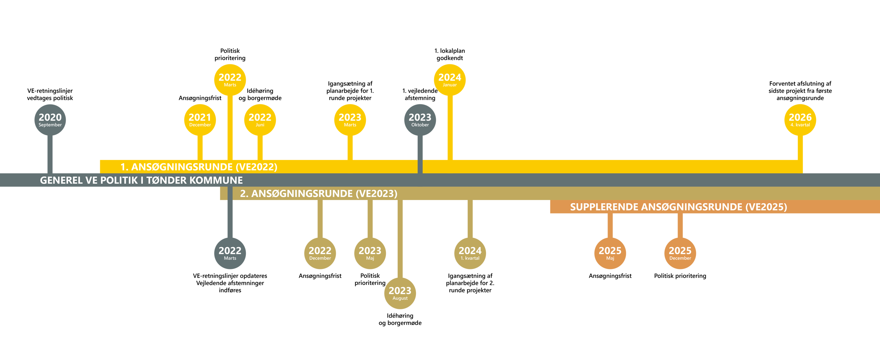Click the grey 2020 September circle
coord(50,120)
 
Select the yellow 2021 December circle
coord(200,120)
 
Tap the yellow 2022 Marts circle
coord(230,80)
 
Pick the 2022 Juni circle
coord(260,120)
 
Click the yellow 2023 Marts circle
coord(350,120)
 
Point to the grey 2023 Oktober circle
coord(420,120)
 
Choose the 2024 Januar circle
coord(449,80)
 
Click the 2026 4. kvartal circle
coord(800,120)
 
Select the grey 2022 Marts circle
coord(230,253)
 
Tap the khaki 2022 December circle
coord(320,253)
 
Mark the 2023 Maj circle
coord(370,253)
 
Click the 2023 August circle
coord(400,293)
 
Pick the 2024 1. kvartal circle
coord(470,253)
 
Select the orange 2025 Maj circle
coord(610,253)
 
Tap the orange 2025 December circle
coord(680,253)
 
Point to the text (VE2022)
coord(256,167)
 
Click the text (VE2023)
coord(376,193)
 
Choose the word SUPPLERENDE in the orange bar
coord(604,207)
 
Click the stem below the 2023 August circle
coord(400,239)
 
